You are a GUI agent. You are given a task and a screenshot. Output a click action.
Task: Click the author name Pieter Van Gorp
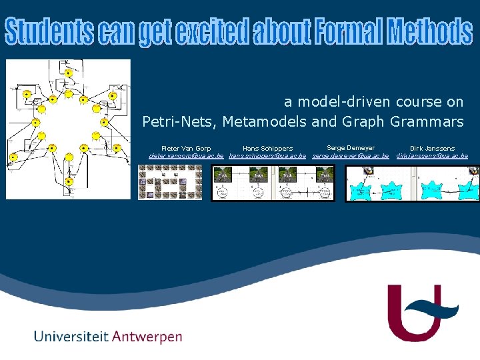pyautogui.click(x=186, y=148)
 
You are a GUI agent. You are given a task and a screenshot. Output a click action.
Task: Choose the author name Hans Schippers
pyautogui.click(x=267, y=148)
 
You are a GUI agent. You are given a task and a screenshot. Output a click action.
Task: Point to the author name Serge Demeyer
pyautogui.click(x=351, y=147)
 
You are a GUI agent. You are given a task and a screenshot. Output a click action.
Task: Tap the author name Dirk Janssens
pyautogui.click(x=432, y=148)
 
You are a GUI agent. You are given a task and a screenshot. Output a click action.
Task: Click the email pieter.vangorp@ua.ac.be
pyautogui.click(x=186, y=155)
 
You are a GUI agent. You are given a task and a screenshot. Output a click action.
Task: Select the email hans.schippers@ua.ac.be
pyautogui.click(x=267, y=155)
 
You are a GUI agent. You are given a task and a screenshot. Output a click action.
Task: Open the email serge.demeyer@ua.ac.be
pyautogui.click(x=351, y=155)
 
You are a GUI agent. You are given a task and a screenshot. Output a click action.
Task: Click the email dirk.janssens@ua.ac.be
pyautogui.click(x=432, y=155)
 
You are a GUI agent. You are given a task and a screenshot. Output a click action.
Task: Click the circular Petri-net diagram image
pyautogui.click(x=68, y=129)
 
